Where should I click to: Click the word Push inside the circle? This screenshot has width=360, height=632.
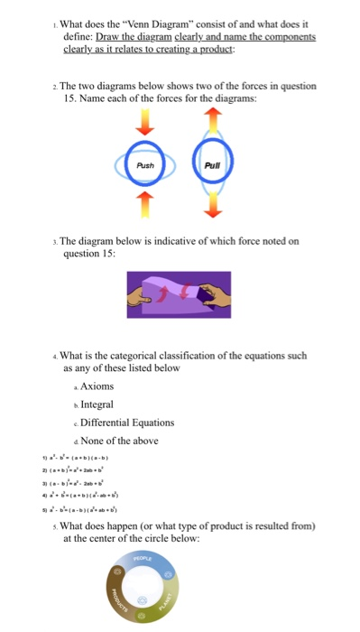tap(146, 166)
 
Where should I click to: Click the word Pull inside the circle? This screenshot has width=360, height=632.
tap(213, 165)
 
